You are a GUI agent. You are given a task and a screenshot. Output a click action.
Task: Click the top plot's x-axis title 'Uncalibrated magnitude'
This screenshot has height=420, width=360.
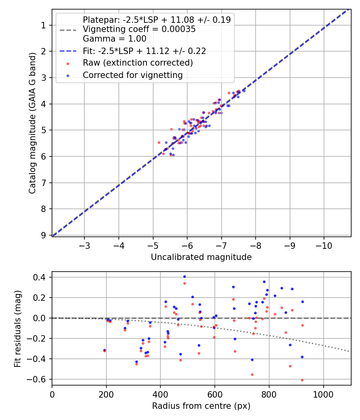point(201,257)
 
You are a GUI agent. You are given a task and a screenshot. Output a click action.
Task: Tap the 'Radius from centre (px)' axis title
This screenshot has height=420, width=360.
point(201,406)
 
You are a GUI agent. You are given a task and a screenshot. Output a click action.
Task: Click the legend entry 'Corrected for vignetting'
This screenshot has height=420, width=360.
point(132,75)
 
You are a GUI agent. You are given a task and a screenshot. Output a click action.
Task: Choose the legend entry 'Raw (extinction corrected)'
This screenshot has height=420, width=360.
point(138,63)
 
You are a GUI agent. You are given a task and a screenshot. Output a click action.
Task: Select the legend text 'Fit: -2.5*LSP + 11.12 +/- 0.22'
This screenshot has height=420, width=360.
point(144,51)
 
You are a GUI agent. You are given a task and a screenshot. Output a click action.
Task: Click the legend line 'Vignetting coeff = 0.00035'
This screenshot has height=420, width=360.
point(139,29)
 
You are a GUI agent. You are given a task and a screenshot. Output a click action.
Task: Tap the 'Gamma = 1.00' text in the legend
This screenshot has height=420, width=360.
point(114,39)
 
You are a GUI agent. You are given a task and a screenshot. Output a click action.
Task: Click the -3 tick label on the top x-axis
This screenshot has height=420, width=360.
point(84,245)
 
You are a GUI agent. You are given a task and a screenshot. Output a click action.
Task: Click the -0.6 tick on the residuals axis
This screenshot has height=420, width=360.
point(39,379)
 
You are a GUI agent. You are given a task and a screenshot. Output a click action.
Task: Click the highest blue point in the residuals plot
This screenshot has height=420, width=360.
point(184,276)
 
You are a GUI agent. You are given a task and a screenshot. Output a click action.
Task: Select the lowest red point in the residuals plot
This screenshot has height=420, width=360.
point(302,380)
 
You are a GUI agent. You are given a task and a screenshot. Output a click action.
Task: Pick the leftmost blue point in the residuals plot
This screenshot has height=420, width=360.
point(104,350)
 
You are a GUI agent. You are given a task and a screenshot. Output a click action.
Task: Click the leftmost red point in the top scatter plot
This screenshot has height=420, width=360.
point(159,142)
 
